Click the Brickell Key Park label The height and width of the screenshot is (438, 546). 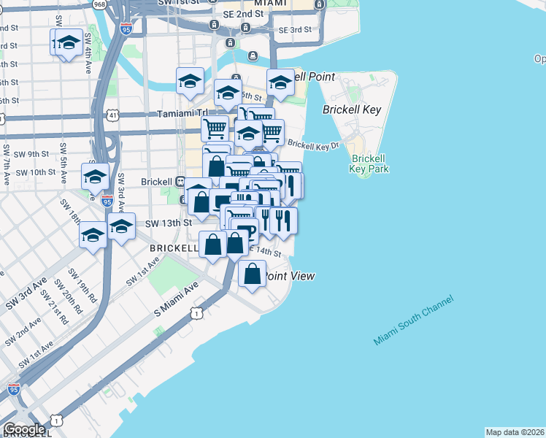(x=369, y=164)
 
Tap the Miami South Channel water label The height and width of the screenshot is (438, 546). (x=414, y=320)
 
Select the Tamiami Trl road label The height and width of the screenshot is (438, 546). (x=182, y=114)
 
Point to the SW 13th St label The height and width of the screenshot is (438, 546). (x=167, y=223)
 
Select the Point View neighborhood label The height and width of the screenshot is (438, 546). (x=290, y=276)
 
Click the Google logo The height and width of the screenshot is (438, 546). (x=23, y=429)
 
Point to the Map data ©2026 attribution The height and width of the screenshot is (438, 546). (x=515, y=432)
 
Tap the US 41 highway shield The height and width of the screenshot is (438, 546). (x=112, y=115)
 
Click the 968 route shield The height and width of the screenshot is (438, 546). (x=99, y=4)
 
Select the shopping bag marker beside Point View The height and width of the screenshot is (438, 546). (x=252, y=274)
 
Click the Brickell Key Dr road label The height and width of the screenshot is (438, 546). (x=313, y=145)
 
